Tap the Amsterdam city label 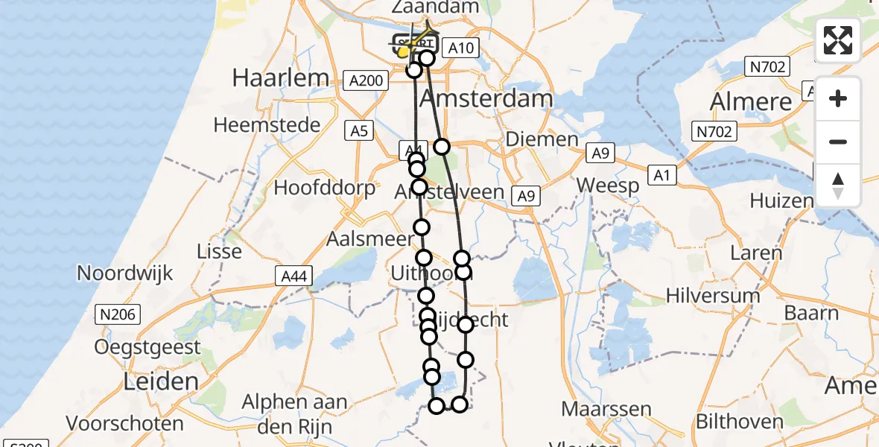tap(486, 98)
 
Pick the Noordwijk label tap(124, 273)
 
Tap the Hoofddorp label tap(325, 187)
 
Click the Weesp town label tap(608, 186)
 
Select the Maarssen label tap(606, 409)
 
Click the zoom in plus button tap(838, 98)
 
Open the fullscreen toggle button tap(838, 40)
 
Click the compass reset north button tap(838, 186)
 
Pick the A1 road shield tap(660, 174)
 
